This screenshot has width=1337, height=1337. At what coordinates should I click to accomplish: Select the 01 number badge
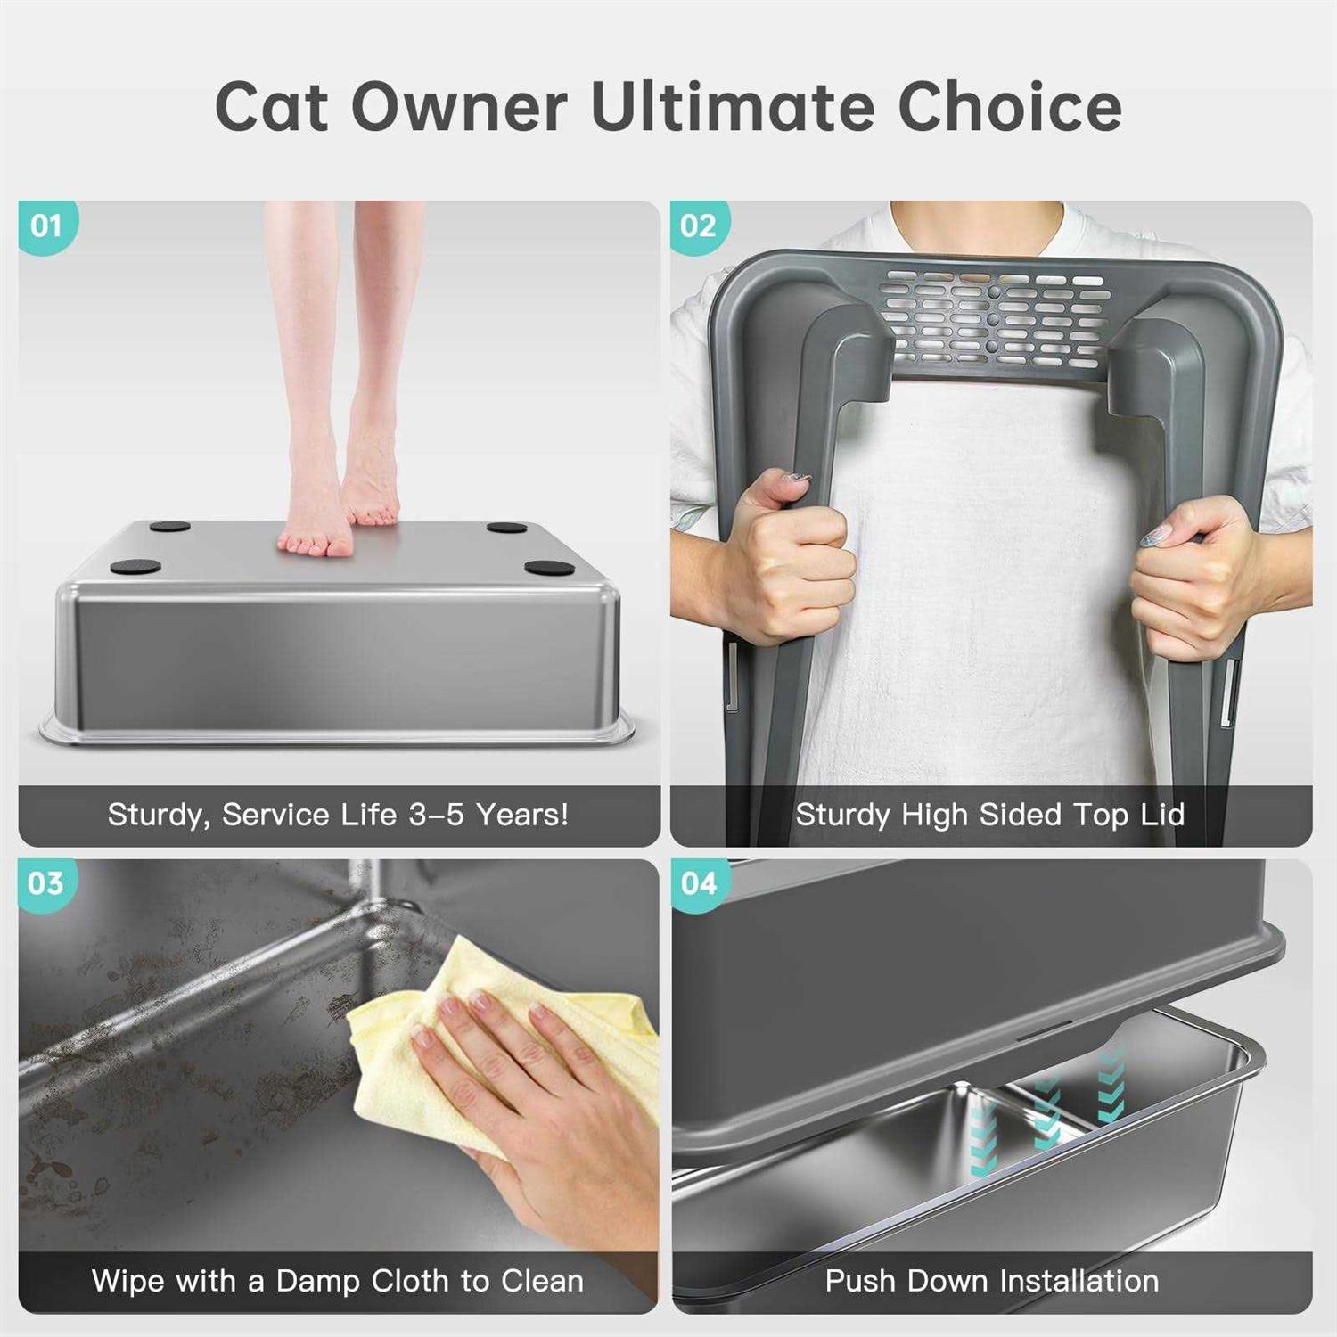tap(46, 226)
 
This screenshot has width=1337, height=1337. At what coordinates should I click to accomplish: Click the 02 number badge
tap(698, 226)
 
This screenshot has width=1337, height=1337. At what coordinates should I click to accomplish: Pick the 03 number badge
tap(46, 883)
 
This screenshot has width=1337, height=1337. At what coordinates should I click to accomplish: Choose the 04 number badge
tap(699, 883)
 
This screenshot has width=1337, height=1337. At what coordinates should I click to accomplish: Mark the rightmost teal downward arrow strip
tap(1111, 1087)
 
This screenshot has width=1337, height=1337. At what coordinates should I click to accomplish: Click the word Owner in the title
tap(460, 107)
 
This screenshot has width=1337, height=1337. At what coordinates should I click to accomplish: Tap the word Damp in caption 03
tap(317, 1281)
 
